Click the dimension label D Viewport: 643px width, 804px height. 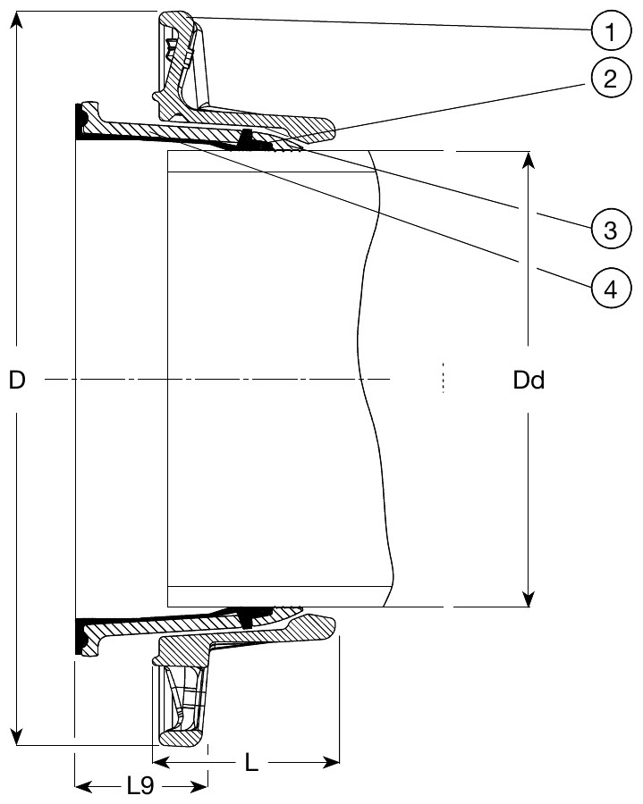(x=16, y=381)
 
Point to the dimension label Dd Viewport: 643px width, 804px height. (x=529, y=381)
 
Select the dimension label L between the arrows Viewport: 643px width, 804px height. (x=251, y=764)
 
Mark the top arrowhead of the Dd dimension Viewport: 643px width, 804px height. (x=529, y=161)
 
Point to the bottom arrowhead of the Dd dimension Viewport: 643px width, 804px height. (x=529, y=598)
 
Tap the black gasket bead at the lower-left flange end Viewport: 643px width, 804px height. (x=80, y=640)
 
